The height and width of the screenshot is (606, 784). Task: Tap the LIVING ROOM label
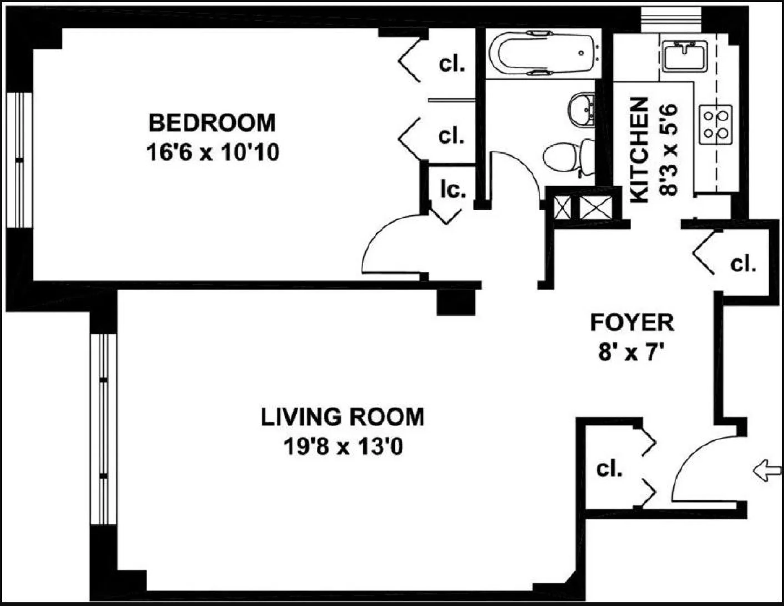342,417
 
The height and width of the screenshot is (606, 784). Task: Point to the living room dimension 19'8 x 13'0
344,447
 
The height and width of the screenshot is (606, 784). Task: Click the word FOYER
632,323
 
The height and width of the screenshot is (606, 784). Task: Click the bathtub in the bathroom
542,53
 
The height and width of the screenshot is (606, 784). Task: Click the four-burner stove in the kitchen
715,124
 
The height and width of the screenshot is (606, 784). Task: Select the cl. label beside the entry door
609,469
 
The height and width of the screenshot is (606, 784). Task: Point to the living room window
104,429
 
